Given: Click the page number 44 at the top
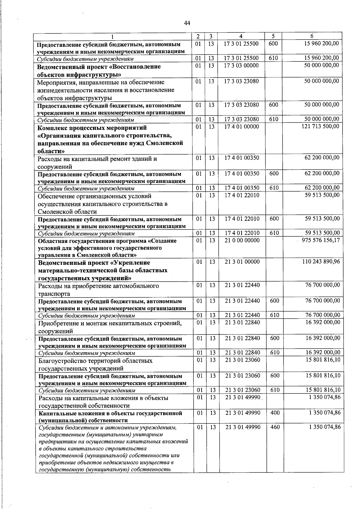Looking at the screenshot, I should pos(187,23).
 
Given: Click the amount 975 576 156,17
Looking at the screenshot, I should pos(320,240).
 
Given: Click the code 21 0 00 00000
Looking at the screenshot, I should pos(242,240).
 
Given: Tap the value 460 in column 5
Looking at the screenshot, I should pos(275,427).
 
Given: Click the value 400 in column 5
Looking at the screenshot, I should pos(275,413).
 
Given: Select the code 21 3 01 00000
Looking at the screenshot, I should pos(242,262).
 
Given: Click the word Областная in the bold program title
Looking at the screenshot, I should pos(52,241).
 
